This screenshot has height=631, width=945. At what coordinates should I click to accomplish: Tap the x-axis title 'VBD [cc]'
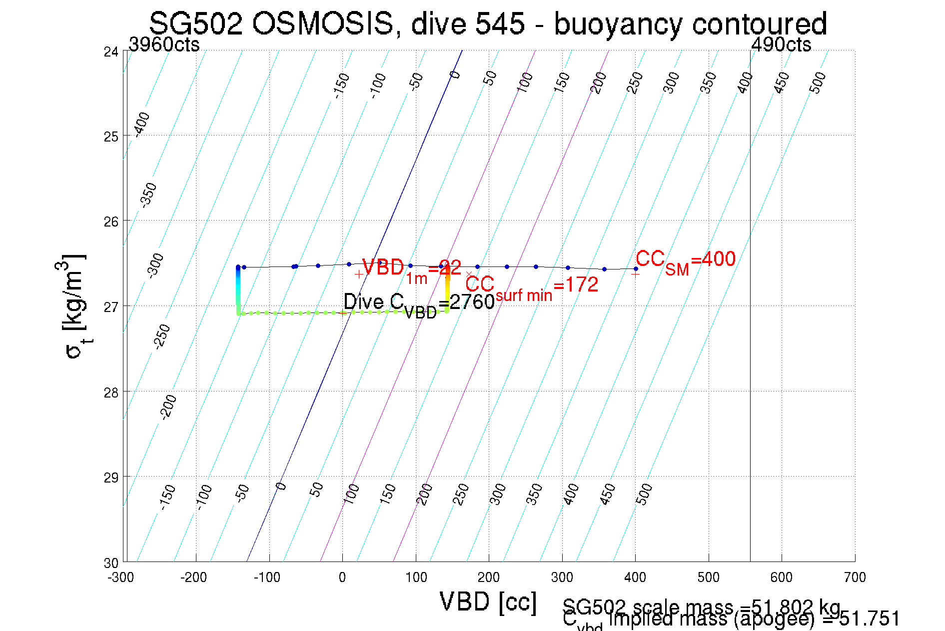tap(488, 601)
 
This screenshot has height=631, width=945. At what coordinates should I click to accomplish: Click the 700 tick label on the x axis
tap(855, 577)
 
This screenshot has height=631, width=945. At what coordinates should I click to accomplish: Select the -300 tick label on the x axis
tap(120, 577)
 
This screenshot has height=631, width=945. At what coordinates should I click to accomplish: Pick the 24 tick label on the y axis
tap(111, 51)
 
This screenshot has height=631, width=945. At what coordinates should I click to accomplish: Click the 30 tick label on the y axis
tap(111, 563)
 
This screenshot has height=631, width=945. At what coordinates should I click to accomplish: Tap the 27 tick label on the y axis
tap(111, 306)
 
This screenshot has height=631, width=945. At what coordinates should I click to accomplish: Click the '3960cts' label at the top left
tap(164, 45)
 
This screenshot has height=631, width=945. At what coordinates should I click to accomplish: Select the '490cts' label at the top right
tap(781, 45)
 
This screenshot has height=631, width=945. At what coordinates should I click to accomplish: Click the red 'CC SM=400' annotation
tap(685, 260)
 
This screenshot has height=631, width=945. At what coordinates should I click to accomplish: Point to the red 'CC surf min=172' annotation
tap(532, 286)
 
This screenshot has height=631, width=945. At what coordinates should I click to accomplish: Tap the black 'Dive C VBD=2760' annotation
tap(419, 303)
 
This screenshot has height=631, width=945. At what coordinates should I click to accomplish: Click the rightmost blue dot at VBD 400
tap(636, 269)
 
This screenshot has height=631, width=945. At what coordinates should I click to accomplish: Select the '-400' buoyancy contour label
tap(142, 123)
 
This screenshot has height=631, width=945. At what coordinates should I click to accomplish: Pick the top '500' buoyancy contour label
tap(818, 82)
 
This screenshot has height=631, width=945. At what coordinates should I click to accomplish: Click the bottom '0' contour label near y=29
tap(281, 486)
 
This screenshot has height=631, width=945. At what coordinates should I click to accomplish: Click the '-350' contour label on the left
tap(149, 195)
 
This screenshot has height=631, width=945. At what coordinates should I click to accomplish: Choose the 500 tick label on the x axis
tap(708, 577)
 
